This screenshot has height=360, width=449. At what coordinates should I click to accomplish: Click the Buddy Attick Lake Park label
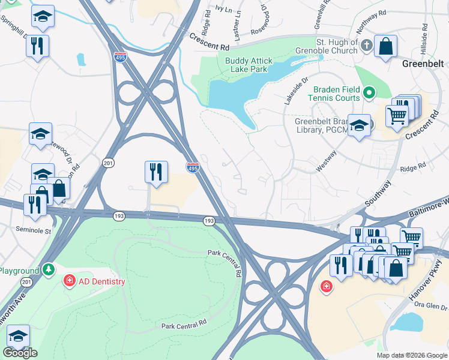[249, 65]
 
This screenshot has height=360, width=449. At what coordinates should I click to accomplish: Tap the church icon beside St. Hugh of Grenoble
[367, 44]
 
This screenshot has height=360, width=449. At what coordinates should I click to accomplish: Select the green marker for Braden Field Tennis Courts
[370, 93]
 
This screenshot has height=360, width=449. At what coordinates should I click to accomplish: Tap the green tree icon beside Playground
[49, 271]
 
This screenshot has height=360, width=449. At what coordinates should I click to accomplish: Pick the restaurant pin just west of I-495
[155, 172]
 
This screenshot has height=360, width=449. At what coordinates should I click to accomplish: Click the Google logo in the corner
[20, 353]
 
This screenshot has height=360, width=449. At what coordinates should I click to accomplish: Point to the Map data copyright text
[411, 355]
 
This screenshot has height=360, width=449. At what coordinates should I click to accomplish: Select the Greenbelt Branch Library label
[321, 125]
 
